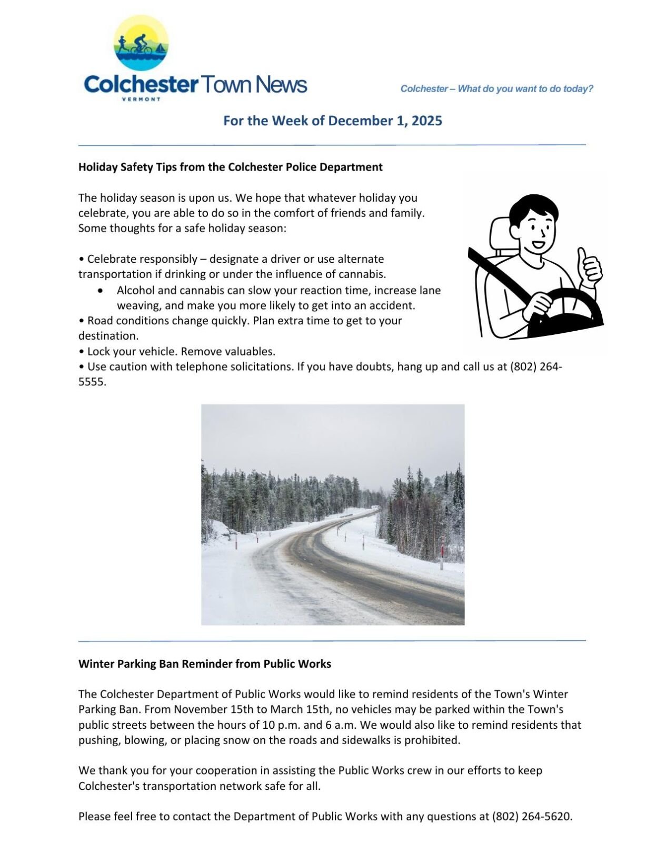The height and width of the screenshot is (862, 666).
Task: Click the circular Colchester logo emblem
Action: coord(141,43)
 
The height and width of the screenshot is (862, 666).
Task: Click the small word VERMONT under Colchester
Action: coord(141,100)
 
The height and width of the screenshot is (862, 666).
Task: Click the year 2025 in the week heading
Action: coord(426,121)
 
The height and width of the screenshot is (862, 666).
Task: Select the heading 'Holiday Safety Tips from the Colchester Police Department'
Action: coord(230,167)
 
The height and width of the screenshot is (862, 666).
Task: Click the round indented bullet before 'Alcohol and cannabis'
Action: coord(101,291)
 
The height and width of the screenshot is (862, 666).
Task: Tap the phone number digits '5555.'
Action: coord(92,382)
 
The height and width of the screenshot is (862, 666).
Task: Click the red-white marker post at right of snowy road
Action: coord(442,553)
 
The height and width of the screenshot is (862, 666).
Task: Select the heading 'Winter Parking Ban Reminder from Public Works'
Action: coord(204,664)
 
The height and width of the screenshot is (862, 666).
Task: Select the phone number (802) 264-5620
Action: coord(532,817)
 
